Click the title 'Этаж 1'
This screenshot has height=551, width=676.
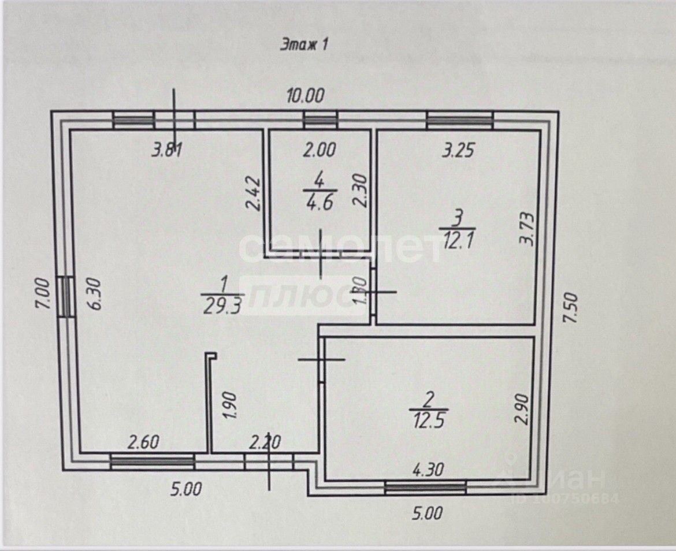tap(304, 45)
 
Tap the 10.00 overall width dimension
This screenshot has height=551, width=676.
tap(306, 94)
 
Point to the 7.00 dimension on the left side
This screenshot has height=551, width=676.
tap(47, 296)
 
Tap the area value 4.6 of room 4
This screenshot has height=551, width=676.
tap(318, 204)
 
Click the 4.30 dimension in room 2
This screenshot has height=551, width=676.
tap(428, 469)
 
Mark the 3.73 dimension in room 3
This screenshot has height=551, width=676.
tap(526, 229)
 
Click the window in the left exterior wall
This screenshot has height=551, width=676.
tap(66, 296)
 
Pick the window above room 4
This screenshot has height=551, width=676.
tap(320, 121)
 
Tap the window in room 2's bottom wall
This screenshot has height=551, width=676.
tap(425, 488)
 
